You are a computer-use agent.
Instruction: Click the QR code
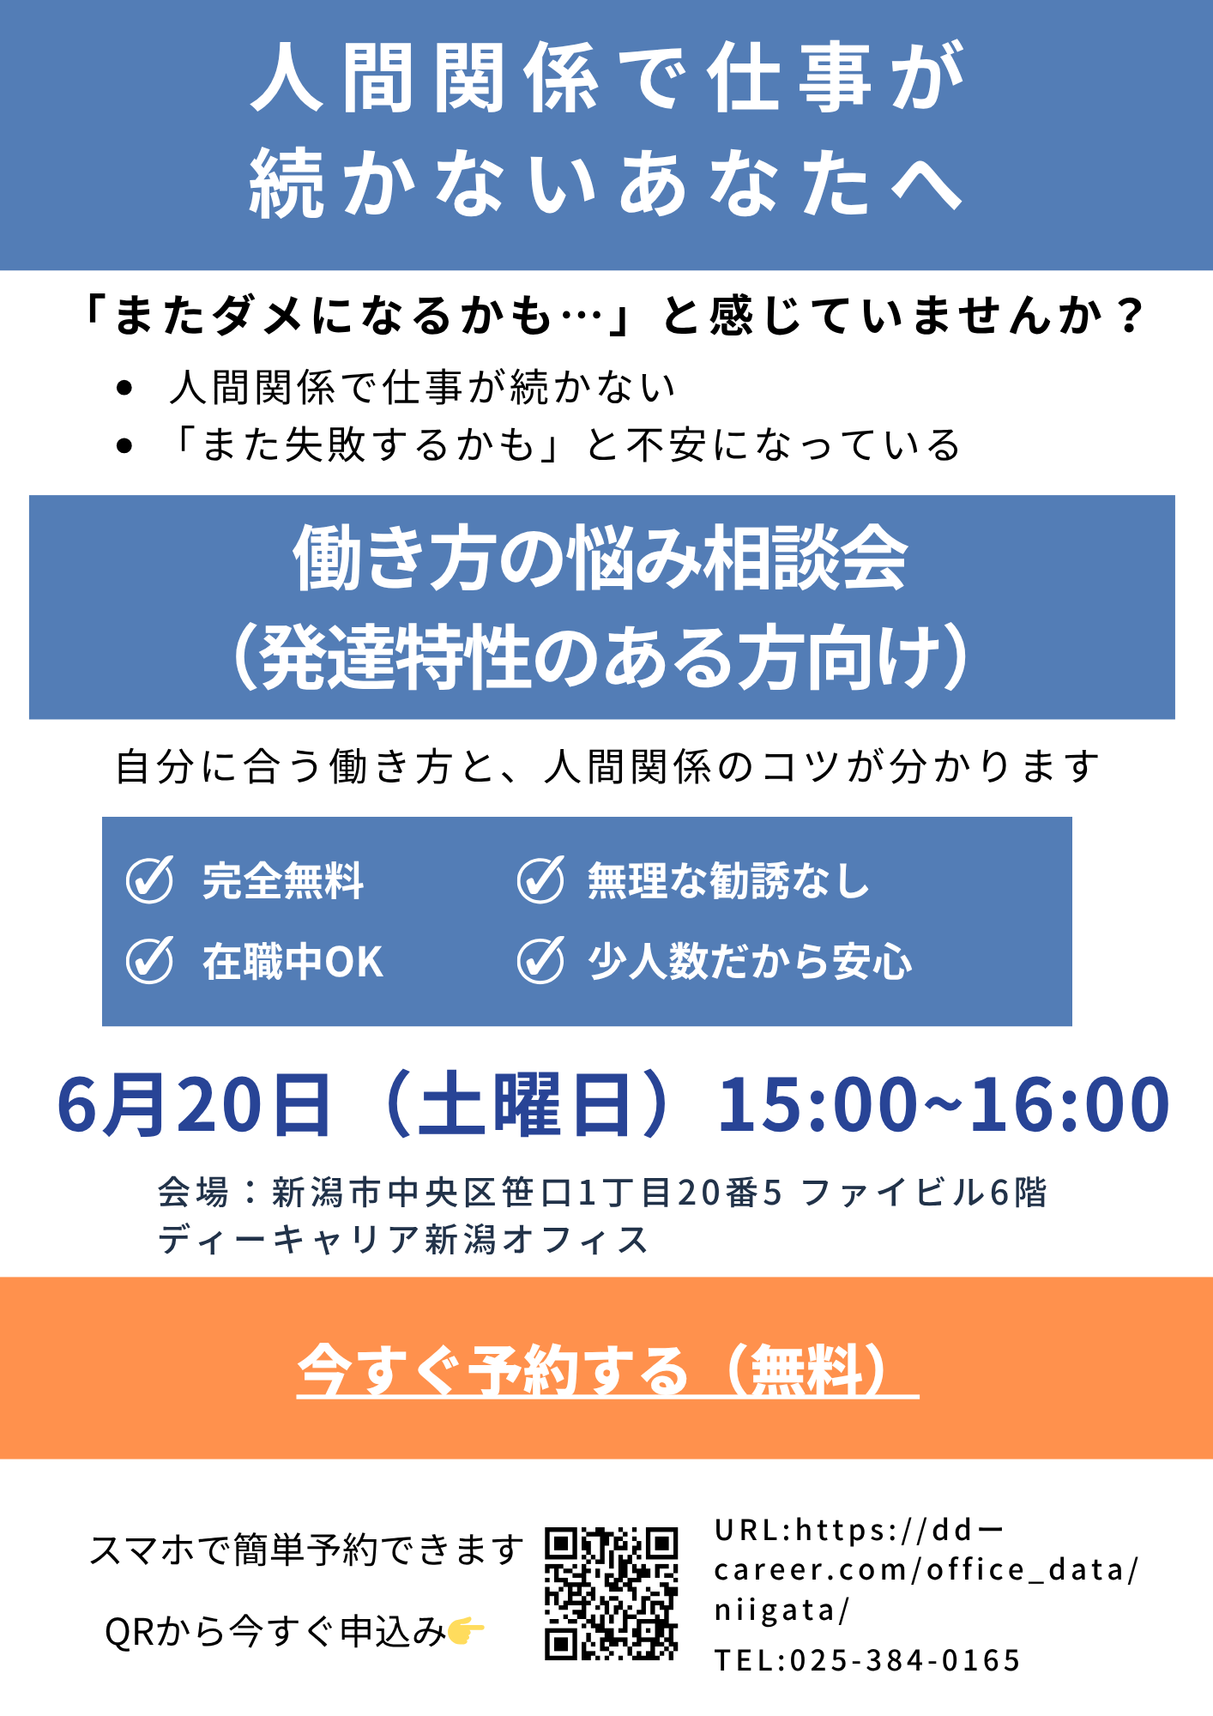612,1593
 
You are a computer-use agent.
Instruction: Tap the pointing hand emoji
466,1629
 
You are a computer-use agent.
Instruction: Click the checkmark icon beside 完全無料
150,879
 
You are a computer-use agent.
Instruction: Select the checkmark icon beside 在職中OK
150,960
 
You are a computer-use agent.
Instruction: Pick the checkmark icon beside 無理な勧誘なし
540,879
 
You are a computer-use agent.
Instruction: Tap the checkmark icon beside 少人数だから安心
540,960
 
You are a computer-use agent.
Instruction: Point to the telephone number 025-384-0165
905,1660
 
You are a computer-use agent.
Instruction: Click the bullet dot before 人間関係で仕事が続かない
125,388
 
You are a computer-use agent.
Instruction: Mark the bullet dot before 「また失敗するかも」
125,445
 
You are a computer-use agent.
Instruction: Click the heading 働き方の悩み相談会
600,558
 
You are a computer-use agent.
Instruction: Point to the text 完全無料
283,880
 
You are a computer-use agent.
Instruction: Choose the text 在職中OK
293,961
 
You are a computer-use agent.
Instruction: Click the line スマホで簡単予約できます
306,1550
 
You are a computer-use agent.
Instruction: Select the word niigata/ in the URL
782,1610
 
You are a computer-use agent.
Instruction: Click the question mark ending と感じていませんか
1131,315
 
